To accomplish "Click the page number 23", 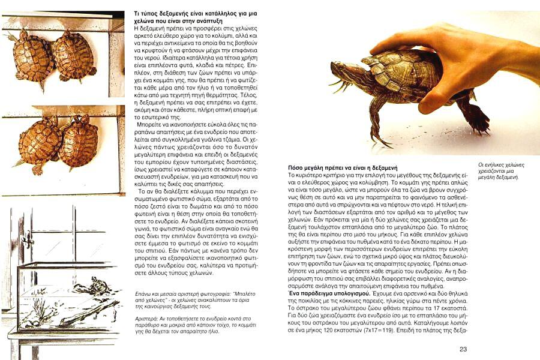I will (463, 349).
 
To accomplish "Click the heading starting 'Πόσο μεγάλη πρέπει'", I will (340, 167).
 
